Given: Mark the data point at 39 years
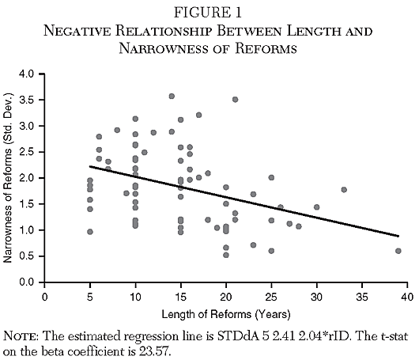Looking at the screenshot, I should (x=398, y=251).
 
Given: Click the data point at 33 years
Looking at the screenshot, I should (x=344, y=190).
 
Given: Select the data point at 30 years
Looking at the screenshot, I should (x=316, y=207).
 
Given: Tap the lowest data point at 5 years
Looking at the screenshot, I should (x=90, y=232).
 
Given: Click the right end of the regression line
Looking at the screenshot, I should (x=398, y=236).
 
